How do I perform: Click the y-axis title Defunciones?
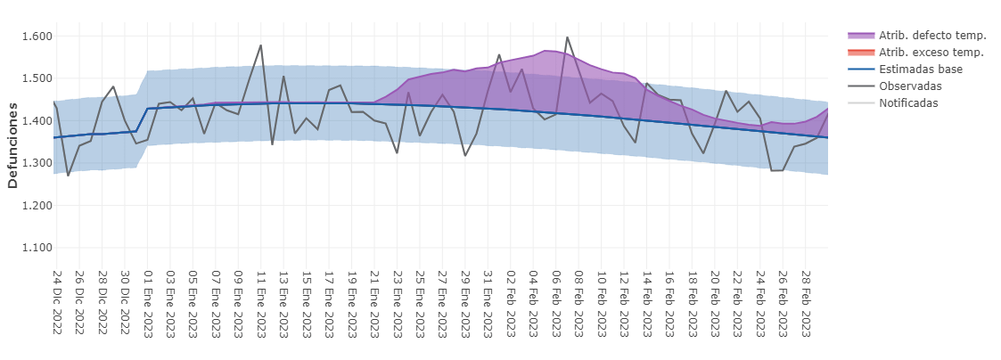coord(13,143)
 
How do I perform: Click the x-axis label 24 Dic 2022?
coord(56,303)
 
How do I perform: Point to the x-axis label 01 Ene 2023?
coord(147,303)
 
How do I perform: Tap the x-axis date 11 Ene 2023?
coord(260,303)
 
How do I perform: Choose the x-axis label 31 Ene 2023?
coord(488,303)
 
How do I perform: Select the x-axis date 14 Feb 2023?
coord(646,303)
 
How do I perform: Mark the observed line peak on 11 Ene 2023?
coord(260,45)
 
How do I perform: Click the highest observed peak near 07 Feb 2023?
coord(567,37)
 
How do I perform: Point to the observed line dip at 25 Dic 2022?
coord(68,176)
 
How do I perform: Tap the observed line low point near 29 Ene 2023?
coord(465,156)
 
